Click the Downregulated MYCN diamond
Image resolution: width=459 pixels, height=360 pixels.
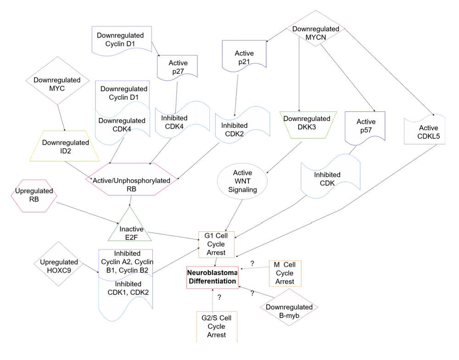click(x=316, y=33)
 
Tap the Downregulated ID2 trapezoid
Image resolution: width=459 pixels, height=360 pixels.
click(x=66, y=146)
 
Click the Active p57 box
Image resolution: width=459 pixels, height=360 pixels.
click(x=365, y=126)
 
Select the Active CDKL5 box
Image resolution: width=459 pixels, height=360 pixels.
click(x=425, y=132)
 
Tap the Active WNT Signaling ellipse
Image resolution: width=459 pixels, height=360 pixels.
click(x=243, y=182)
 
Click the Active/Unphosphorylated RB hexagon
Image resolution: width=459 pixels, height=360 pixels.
click(x=132, y=180)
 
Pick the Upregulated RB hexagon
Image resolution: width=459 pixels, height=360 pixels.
click(x=34, y=195)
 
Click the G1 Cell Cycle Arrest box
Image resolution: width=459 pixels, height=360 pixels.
click(x=216, y=244)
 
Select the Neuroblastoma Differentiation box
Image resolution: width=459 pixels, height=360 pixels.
click(x=212, y=277)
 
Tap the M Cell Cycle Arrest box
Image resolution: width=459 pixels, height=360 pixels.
click(x=285, y=273)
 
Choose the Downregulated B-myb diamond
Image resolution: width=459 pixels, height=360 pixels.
click(x=289, y=308)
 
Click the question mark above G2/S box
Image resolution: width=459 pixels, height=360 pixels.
click(x=219, y=297)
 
